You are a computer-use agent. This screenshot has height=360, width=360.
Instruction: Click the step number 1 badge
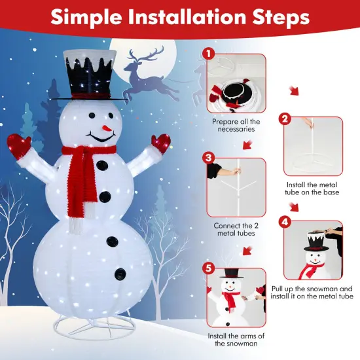pyautogui.click(x=209, y=54)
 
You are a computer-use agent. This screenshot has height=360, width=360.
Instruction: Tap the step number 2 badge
pyautogui.click(x=284, y=119)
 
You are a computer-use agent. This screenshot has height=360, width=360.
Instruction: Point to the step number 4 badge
pyautogui.click(x=285, y=222)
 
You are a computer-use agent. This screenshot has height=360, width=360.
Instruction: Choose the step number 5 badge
pyautogui.click(x=209, y=268)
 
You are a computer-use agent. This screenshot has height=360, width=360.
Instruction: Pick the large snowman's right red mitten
pyautogui.click(x=160, y=143)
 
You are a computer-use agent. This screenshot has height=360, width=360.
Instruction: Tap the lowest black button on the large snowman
pyautogui.click(x=120, y=272)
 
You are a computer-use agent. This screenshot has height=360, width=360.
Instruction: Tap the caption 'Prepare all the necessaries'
pyautogui.click(x=236, y=126)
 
